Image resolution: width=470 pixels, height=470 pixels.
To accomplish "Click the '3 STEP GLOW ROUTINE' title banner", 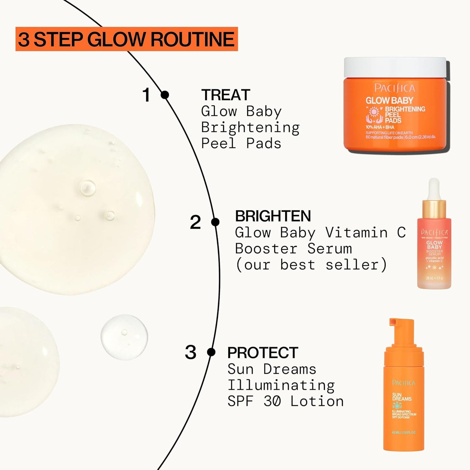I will coord(126,39).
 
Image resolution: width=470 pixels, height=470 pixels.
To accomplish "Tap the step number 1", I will coord(146,95).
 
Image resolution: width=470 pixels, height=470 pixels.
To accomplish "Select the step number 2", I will coord(195,222).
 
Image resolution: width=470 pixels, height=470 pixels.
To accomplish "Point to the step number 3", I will coord(191,352).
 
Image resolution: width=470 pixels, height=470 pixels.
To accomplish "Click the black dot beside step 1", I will coord(165,95).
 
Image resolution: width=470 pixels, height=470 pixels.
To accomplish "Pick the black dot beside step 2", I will coord(215,222).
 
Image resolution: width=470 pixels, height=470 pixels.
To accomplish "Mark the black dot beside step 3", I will coord(211,352).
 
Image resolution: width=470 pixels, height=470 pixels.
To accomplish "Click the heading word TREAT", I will coord(225,95).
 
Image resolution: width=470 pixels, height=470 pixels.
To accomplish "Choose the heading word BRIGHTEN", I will coord(273,216).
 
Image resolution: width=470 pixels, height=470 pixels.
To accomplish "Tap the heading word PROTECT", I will coord(262,353).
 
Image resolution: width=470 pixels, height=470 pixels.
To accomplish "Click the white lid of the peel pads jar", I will coord(395,67).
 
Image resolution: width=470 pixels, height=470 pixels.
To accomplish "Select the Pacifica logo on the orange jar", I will coord(395,88).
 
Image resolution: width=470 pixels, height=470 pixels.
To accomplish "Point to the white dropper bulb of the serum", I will coord(434,189).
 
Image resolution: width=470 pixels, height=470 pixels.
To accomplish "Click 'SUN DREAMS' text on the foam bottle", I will coord(402,397).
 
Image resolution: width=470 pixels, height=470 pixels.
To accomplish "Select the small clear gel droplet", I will coord(124,337).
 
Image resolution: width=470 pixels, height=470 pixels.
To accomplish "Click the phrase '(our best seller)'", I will coord(311,265).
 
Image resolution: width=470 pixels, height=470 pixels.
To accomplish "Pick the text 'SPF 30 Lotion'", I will coord(285,401).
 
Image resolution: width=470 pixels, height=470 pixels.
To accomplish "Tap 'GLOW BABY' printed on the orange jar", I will coord(389,101).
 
